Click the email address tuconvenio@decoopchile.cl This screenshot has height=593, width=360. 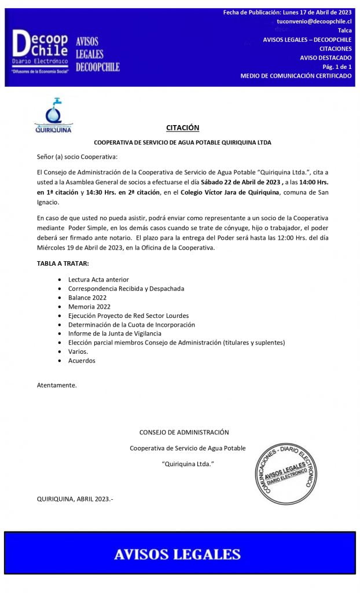pos(314,21)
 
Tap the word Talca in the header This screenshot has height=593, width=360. pos(344,30)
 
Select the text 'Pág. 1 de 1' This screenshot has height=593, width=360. pos(337,67)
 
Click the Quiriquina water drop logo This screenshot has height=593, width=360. pos(53,116)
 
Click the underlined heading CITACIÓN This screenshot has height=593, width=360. pos(182,127)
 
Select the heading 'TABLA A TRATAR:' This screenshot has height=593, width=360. pos(63,263)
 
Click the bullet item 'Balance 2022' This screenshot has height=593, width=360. pos(87,297)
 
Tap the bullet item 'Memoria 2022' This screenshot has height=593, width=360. pos(89,306)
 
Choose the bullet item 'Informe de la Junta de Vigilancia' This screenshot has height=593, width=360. pos(115,334)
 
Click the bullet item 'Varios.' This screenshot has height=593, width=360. pos(78,352)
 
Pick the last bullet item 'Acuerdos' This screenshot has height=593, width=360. pos(82,361)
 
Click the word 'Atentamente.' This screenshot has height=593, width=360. pos(57,385)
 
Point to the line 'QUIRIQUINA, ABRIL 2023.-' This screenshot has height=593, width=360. pos(75,498)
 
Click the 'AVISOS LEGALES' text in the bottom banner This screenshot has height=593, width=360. pos(177,554)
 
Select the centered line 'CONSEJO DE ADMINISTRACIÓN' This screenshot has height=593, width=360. pos(184,432)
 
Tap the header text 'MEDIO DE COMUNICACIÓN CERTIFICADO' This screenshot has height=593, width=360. pos(296,76)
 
